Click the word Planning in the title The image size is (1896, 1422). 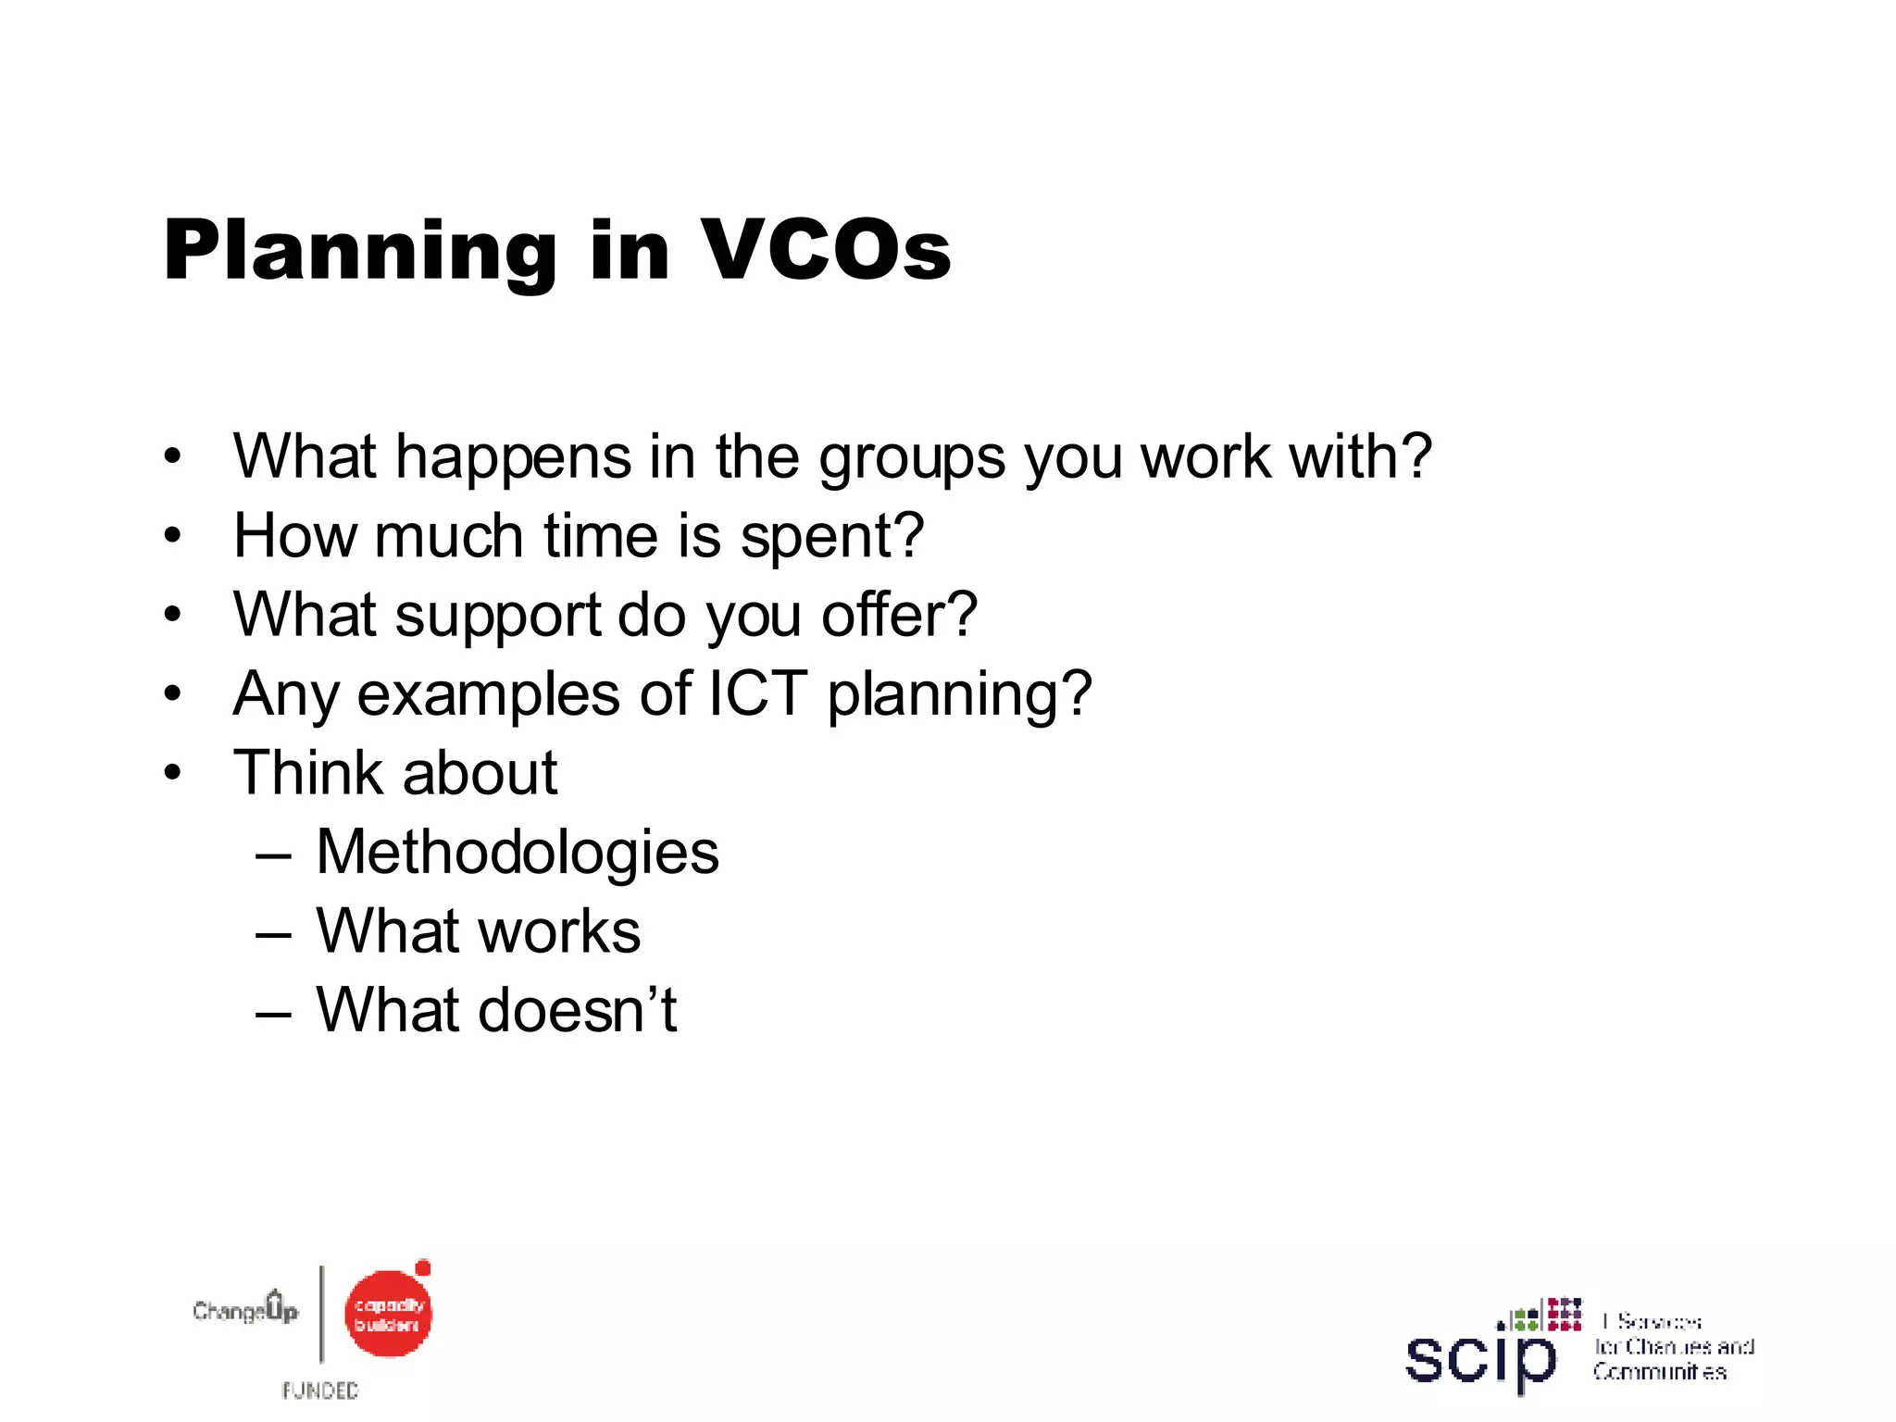(x=360, y=252)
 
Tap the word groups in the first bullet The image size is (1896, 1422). (x=912, y=457)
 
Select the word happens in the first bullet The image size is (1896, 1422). (x=514, y=457)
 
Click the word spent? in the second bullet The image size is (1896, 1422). (x=832, y=538)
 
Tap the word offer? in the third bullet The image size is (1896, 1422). (x=899, y=615)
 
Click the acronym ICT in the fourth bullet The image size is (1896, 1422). (x=758, y=693)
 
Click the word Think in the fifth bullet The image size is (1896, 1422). (x=308, y=773)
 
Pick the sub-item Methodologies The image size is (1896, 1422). (x=518, y=853)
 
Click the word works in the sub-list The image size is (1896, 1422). (x=559, y=931)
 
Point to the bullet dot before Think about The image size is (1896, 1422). (x=172, y=773)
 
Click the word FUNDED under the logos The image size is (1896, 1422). (x=320, y=1391)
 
